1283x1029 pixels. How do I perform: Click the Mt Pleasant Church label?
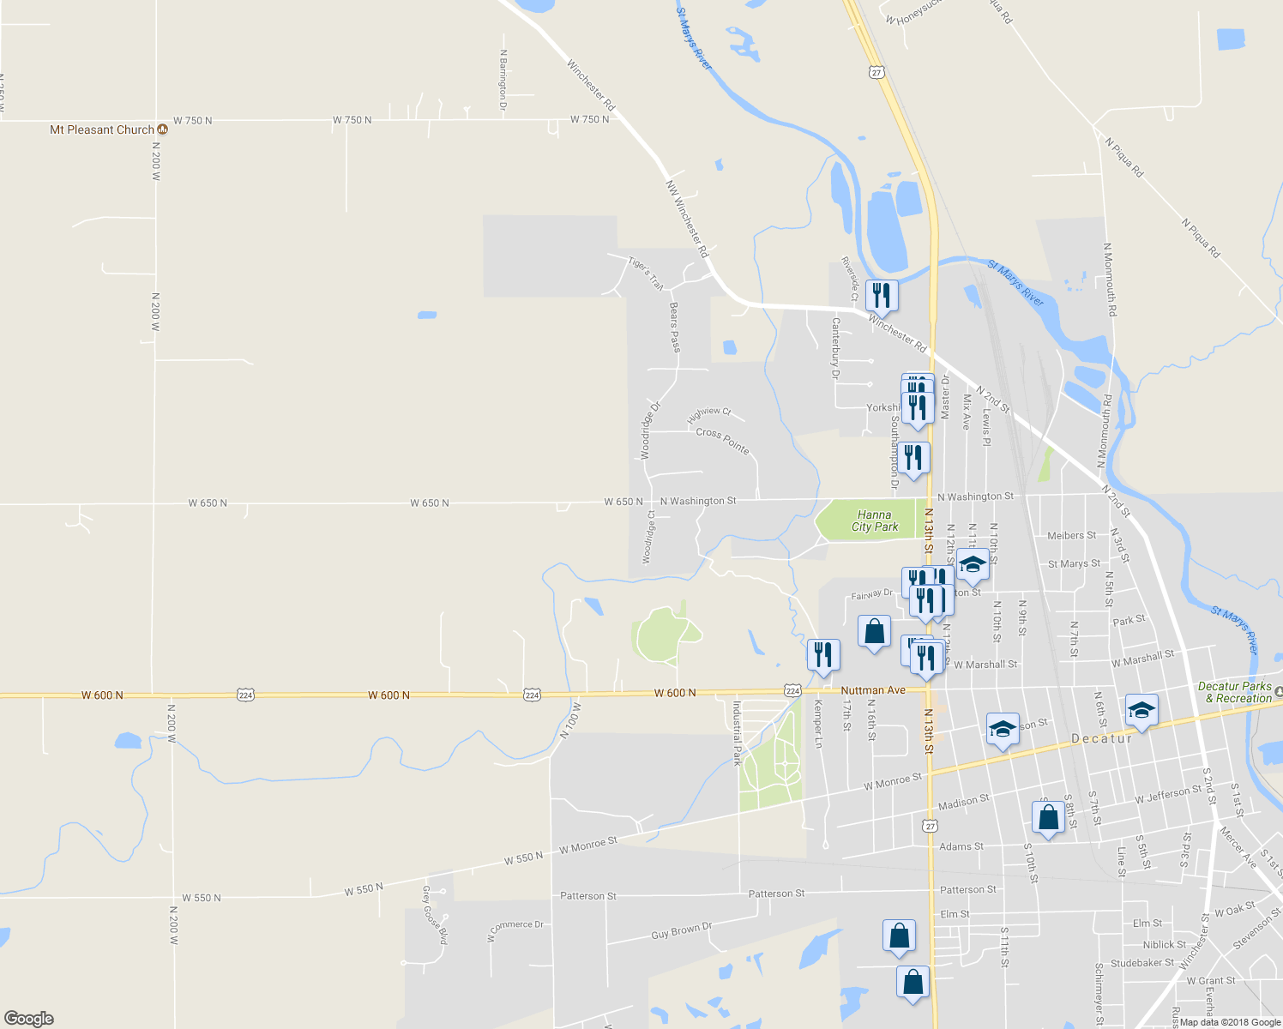(102, 129)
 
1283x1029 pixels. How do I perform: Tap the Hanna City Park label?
(875, 521)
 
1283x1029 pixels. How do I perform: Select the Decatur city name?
(1101, 738)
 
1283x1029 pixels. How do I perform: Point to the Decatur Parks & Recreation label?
(1234, 692)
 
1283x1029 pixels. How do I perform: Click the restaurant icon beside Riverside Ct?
(882, 296)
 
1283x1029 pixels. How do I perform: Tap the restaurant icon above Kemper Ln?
(822, 655)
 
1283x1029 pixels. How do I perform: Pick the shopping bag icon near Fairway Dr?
(874, 632)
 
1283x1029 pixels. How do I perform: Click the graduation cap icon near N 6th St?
(1141, 709)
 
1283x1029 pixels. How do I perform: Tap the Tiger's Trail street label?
(646, 273)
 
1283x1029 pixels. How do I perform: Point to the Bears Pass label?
(675, 327)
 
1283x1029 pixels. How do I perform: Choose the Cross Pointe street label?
(722, 441)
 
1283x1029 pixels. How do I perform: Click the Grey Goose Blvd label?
(434, 915)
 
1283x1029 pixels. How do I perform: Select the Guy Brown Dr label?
(681, 930)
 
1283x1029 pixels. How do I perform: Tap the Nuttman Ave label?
(873, 690)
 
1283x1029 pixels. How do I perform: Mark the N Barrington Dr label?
(503, 80)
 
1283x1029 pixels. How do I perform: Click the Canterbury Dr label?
(835, 347)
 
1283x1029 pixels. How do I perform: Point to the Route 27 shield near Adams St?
(931, 826)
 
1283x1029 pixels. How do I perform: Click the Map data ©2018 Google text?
(1228, 1021)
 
